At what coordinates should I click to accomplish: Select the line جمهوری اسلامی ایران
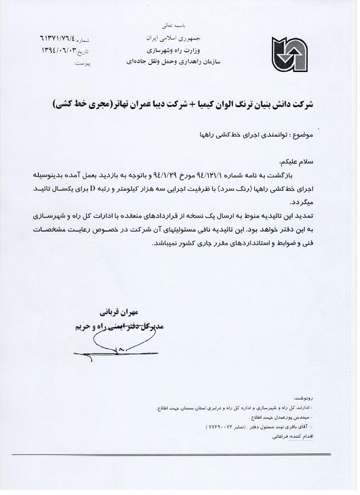pos(167,38)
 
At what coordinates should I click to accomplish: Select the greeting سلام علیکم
pos(299,163)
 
